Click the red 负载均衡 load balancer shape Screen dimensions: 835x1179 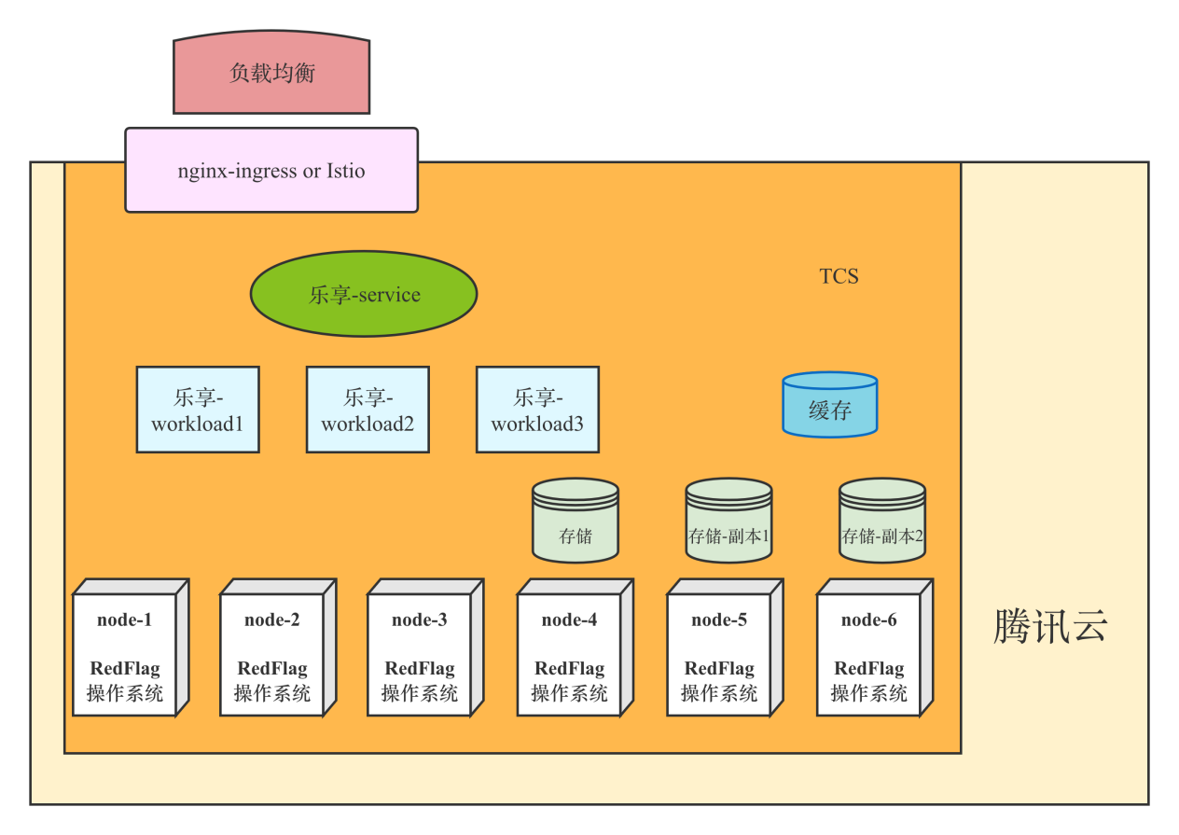(271, 74)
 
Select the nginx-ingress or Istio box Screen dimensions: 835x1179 (270, 171)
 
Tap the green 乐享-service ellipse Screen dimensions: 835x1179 (364, 294)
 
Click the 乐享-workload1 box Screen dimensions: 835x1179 (198, 410)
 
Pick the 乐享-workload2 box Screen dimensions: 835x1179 (368, 410)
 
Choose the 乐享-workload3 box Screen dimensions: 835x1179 (537, 410)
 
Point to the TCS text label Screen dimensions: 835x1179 (839, 276)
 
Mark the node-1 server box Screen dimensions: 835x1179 (125, 653)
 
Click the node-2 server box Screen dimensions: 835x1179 (272, 653)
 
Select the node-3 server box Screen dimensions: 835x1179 (420, 653)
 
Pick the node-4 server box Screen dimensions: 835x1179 (569, 653)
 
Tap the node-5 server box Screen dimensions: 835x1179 (719, 653)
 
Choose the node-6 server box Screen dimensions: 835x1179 (869, 653)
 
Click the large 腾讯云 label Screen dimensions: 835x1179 (1050, 626)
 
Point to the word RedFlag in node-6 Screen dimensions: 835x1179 (869, 669)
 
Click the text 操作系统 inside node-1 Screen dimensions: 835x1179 (125, 693)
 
